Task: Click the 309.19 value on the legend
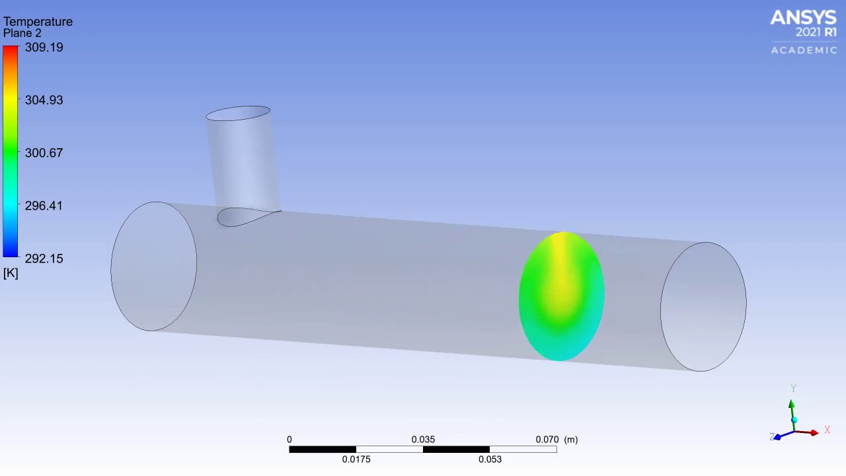pos(44,48)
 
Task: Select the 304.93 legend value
pos(44,100)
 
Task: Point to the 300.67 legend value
pos(44,153)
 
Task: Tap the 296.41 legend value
pos(44,206)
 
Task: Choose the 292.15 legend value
pos(44,258)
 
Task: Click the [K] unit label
pos(11,273)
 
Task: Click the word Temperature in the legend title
pos(38,22)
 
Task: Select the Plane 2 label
pos(22,33)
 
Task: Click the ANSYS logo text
pos(804,18)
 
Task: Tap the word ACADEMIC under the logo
pos(804,50)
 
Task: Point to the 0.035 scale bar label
pos(423,440)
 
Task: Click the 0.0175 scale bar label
pos(356,459)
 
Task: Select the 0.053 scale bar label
pos(490,459)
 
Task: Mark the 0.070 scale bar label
pos(547,440)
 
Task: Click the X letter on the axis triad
pos(827,430)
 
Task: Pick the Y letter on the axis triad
pos(793,389)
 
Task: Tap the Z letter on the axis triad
pos(772,437)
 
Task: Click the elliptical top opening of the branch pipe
pos(238,114)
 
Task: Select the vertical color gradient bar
pos(11,151)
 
